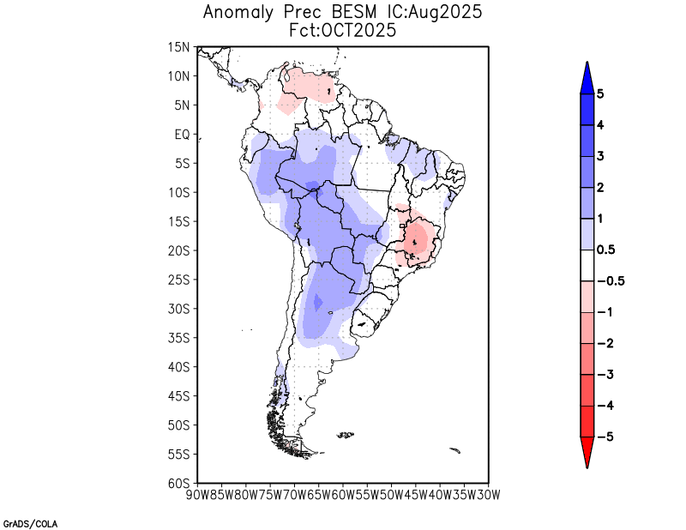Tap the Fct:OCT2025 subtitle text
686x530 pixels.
pyautogui.click(x=343, y=30)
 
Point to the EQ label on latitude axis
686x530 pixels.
pyautogui.click(x=182, y=135)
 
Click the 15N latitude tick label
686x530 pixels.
pyautogui.click(x=179, y=47)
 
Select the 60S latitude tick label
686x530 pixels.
pyautogui.click(x=179, y=483)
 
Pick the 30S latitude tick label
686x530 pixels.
pyautogui.click(x=179, y=309)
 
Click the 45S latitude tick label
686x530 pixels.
pyautogui.click(x=179, y=395)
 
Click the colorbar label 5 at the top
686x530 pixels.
pyautogui.click(x=600, y=94)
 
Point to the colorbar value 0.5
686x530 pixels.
pyautogui.click(x=605, y=250)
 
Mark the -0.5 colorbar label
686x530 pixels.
pyautogui.click(x=608, y=281)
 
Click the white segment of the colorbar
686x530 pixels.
pyautogui.click(x=587, y=265)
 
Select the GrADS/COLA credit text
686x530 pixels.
pyautogui.click(x=30, y=522)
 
